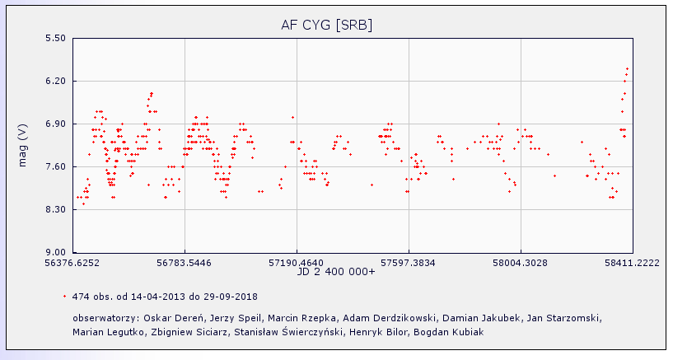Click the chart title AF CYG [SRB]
pyautogui.click(x=327, y=25)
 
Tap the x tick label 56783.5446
pyautogui.click(x=185, y=264)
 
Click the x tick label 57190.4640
pyautogui.click(x=297, y=264)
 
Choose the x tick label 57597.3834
pyautogui.click(x=409, y=264)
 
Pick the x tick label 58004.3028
pyautogui.click(x=521, y=264)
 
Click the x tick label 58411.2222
pyautogui.click(x=633, y=264)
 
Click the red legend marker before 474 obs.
pyautogui.click(x=64, y=296)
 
